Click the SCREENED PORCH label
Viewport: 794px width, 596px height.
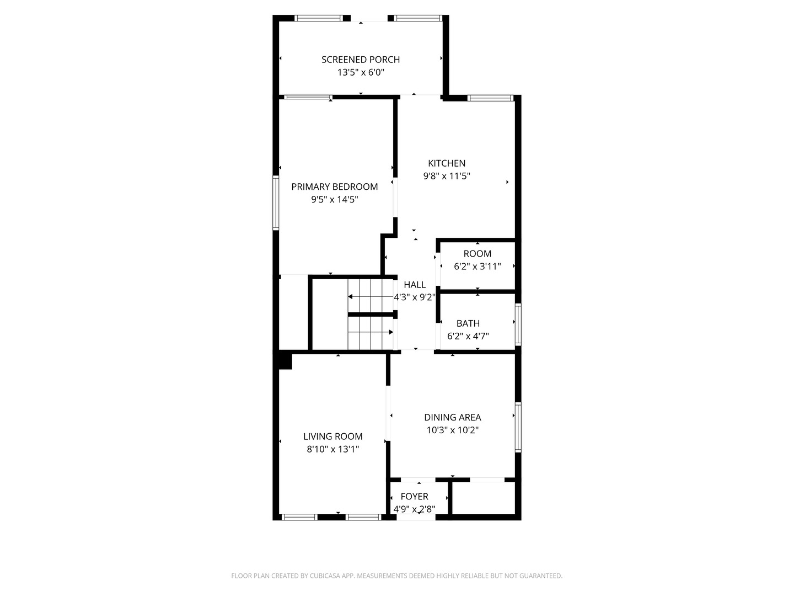point(361,60)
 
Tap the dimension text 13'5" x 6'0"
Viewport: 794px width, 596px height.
point(361,72)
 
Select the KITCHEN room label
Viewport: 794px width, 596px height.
point(447,163)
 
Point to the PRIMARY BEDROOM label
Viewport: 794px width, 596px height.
point(335,187)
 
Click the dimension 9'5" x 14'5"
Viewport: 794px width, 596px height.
point(335,200)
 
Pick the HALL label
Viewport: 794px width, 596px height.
point(415,285)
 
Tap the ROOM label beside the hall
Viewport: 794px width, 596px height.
point(478,254)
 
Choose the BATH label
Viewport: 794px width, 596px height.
point(468,323)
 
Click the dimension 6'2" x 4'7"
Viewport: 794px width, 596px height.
point(468,336)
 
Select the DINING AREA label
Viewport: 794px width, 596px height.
point(453,418)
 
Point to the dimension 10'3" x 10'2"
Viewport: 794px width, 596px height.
point(453,430)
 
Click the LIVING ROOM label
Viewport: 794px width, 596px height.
point(333,437)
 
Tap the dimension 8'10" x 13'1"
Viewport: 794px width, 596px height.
point(333,449)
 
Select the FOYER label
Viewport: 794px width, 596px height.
point(415,497)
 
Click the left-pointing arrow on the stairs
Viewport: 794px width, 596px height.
point(351,297)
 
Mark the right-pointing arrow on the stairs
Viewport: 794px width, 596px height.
point(390,332)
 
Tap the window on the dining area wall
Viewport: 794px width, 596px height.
point(518,428)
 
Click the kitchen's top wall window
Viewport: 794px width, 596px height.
point(490,98)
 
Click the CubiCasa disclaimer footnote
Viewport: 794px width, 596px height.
point(396,576)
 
